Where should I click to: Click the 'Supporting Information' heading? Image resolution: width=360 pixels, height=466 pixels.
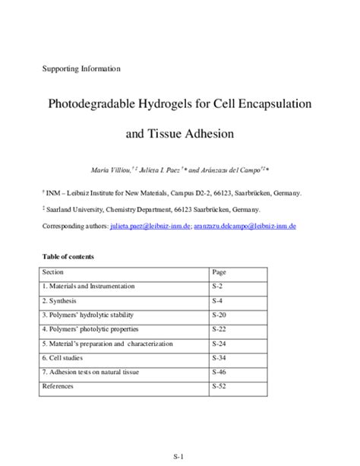pos(81,69)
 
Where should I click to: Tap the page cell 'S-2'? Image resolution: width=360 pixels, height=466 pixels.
pos(218,286)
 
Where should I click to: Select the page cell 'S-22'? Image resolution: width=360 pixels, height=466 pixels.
pos(219,329)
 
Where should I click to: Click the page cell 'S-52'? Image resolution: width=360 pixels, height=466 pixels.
pos(219,387)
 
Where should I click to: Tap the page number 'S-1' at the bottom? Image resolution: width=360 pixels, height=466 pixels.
pos(180,455)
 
